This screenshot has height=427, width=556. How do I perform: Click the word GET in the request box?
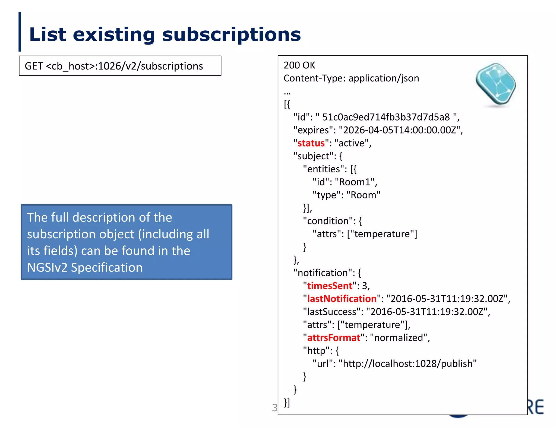pyautogui.click(x=34, y=66)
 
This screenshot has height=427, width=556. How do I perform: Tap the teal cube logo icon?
pyautogui.click(x=496, y=84)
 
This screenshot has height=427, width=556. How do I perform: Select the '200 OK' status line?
pyautogui.click(x=299, y=65)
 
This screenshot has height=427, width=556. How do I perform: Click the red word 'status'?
pyautogui.click(x=311, y=143)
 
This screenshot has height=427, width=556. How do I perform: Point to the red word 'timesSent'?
pyautogui.click(x=329, y=286)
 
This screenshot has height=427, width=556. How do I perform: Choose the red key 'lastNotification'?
pyautogui.click(x=342, y=299)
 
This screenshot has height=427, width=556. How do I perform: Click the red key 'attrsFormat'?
pyautogui.click(x=333, y=338)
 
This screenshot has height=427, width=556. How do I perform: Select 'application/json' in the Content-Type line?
pyautogui.click(x=383, y=78)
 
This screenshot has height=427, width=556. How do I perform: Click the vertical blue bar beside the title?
pyautogui.click(x=20, y=32)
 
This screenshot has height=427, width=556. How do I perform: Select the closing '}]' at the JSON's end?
pyautogui.click(x=287, y=403)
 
